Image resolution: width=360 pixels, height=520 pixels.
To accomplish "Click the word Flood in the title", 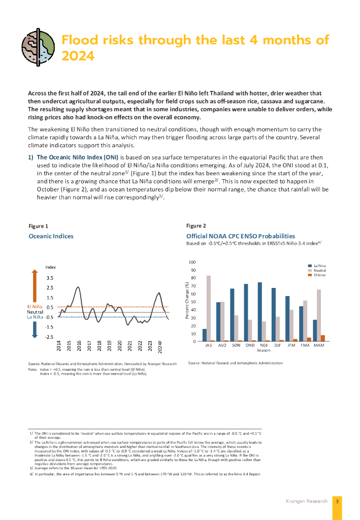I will click(x=81, y=40).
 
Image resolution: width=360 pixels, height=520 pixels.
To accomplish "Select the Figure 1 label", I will click(x=39, y=226).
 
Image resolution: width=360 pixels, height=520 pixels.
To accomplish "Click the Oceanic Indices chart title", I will click(x=51, y=236).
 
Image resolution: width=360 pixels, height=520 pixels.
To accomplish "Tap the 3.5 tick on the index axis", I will click(x=50, y=278).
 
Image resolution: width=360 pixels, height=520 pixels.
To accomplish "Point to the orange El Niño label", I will click(x=34, y=307).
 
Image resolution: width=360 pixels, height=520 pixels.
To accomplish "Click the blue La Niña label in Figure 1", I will click(x=34, y=317).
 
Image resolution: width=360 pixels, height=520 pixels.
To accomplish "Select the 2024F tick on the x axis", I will click(x=160, y=346).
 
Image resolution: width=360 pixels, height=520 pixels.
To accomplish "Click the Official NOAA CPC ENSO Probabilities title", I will click(x=241, y=236).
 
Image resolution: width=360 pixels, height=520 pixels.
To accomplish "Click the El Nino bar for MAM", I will click(x=323, y=338).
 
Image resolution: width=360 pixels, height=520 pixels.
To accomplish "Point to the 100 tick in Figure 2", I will click(x=192, y=263).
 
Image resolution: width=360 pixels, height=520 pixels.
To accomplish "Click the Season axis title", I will click(x=264, y=350).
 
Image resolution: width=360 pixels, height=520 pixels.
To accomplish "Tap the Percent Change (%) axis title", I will click(x=188, y=302).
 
